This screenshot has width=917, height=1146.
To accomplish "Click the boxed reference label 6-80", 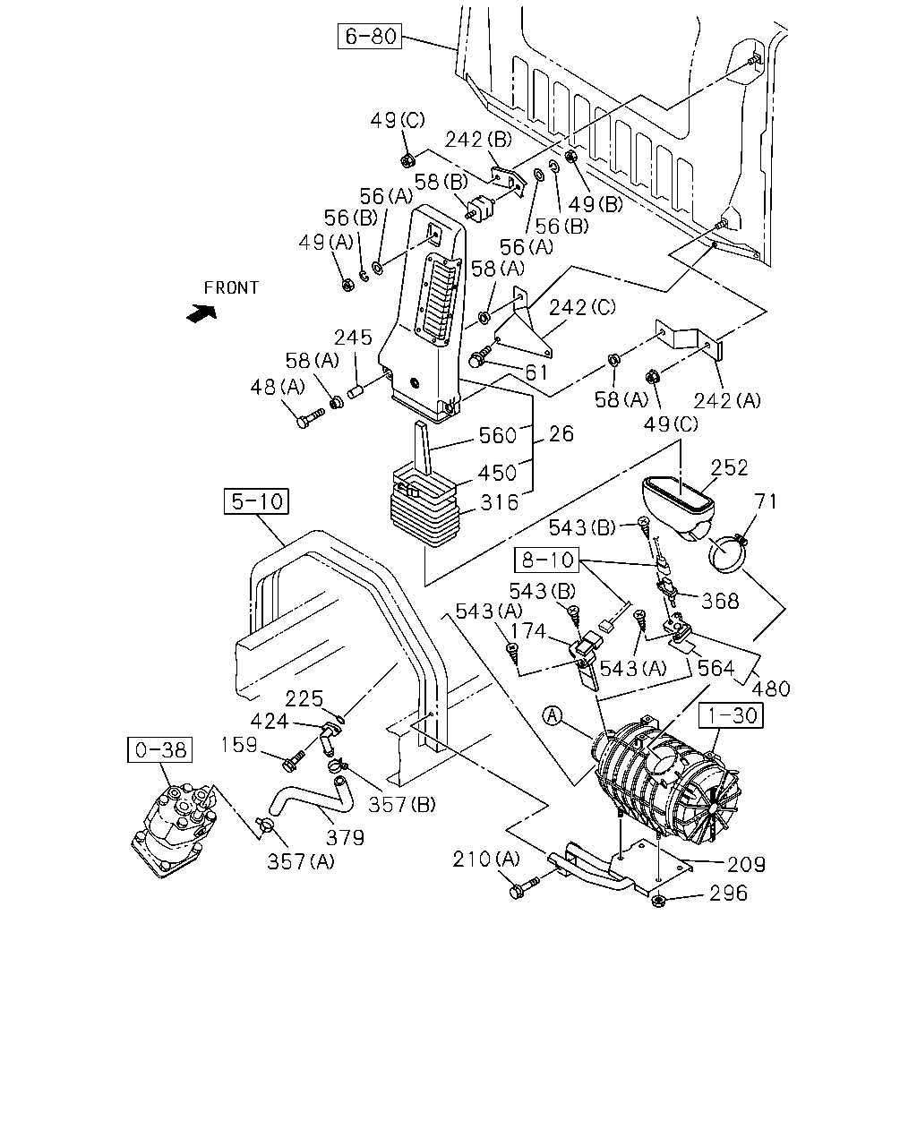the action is click(x=369, y=36).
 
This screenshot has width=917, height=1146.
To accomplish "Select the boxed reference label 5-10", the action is click(x=256, y=501).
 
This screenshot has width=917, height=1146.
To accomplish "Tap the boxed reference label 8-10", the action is click(x=546, y=560).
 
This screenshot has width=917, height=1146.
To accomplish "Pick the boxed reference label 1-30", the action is click(x=731, y=715).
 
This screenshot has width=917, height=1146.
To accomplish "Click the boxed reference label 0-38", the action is click(x=160, y=750).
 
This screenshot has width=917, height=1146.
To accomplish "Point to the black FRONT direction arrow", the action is click(x=201, y=313).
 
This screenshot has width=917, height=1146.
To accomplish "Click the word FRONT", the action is click(x=231, y=288).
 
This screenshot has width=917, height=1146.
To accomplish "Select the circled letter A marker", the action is click(x=553, y=715).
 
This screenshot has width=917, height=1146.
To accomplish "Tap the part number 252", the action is click(x=730, y=467).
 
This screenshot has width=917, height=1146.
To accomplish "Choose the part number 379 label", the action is click(x=346, y=838).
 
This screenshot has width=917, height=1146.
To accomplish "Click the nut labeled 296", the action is click(x=658, y=901).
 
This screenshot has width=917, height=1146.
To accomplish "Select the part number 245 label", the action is click(x=353, y=338).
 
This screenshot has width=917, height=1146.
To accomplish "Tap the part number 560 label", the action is click(x=498, y=436).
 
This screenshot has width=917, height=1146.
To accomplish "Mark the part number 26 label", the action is click(x=561, y=434).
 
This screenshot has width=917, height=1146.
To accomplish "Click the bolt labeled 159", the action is click(x=293, y=761).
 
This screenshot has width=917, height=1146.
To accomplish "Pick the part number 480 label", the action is click(x=770, y=689).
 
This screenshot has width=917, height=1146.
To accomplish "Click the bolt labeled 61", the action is click(x=482, y=355).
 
